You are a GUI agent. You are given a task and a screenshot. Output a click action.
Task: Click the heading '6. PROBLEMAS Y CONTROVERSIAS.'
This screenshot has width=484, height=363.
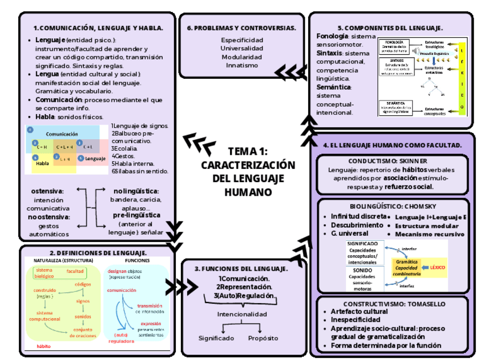[241, 27]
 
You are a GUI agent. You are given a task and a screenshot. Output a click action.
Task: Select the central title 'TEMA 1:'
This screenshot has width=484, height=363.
[248, 152]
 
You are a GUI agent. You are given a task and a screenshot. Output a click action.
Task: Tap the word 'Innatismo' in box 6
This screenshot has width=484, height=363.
[241, 66]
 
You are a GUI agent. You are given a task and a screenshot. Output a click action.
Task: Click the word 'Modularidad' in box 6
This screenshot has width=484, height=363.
[241, 57]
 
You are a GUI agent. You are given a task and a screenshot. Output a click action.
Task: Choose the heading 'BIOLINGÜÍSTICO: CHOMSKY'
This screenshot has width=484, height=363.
[393, 206]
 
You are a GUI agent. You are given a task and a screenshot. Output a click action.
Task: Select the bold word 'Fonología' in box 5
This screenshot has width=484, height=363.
[332, 36]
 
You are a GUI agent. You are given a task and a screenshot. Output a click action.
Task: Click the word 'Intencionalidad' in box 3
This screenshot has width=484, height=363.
[241, 314]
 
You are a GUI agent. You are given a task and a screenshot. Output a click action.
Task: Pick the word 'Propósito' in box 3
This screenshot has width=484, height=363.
[263, 338]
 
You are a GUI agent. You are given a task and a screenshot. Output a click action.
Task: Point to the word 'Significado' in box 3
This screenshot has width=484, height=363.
[216, 338]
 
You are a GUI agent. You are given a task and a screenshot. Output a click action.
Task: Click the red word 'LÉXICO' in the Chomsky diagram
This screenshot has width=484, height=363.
[437, 267]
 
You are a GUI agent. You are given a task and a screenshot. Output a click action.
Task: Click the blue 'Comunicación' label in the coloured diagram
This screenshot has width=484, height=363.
[62, 134]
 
